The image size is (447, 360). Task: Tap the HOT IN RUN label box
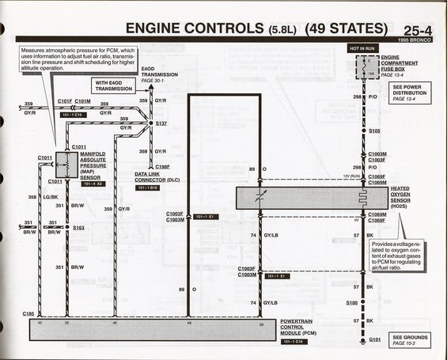coord(363,48)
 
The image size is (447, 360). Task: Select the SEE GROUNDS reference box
coord(408,339)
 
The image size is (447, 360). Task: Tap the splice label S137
coord(161,123)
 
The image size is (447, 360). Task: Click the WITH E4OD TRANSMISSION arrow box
coord(117,86)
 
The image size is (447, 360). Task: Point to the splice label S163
coord(78,228)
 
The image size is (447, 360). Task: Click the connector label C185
coord(28,314)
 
